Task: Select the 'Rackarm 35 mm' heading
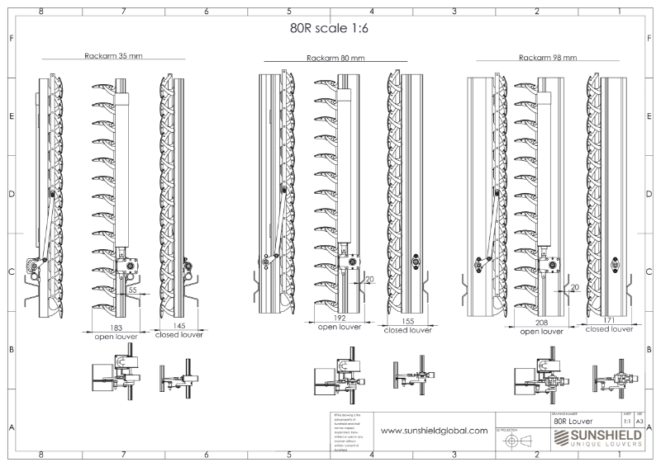[112, 57]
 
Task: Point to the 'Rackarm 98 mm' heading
[548, 58]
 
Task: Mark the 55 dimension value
[132, 291]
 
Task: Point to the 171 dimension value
[608, 320]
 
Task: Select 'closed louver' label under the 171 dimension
[608, 328]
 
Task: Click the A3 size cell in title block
[640, 420]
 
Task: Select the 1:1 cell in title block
[627, 420]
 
